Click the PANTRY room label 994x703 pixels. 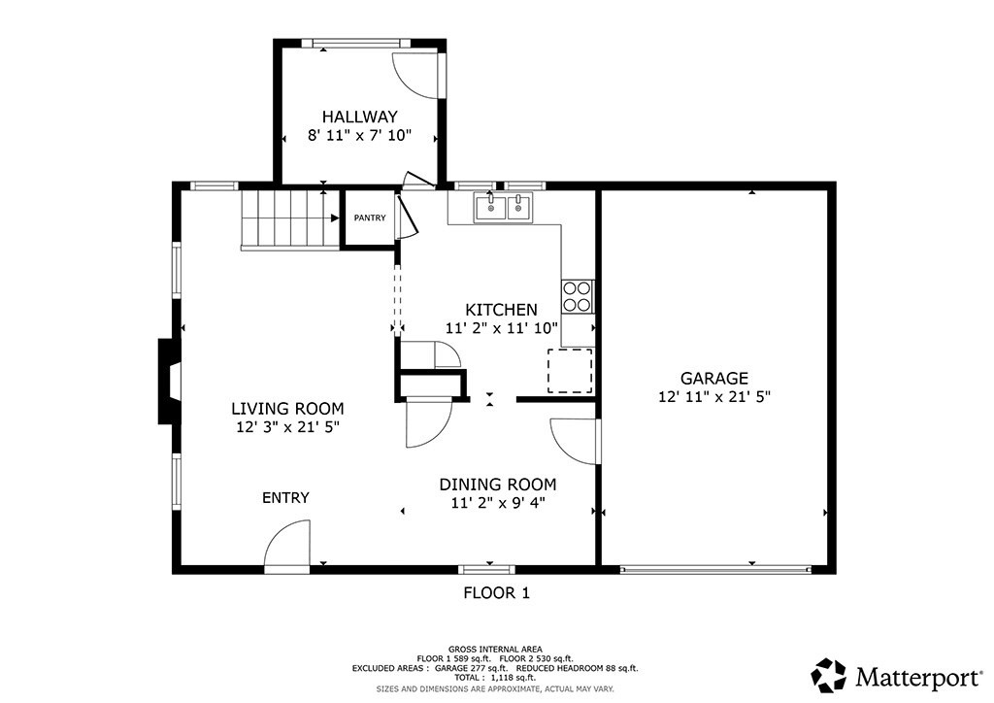click(x=369, y=218)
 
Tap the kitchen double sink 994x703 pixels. click(x=503, y=208)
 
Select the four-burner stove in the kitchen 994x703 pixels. click(x=578, y=295)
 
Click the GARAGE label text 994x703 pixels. click(x=713, y=379)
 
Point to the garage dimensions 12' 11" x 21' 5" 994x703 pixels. click(x=713, y=396)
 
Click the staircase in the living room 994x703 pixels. click(x=288, y=219)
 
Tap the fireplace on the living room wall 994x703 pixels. click(x=169, y=381)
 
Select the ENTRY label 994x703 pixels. click(x=285, y=498)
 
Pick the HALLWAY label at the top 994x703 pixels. click(x=360, y=117)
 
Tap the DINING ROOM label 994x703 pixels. click(x=498, y=485)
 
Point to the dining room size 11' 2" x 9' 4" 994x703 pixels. click(x=498, y=503)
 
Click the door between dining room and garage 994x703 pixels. click(x=575, y=442)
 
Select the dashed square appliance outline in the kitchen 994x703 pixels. click(x=570, y=370)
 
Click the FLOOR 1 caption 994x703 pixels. click(x=496, y=592)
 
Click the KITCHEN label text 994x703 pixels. click(x=501, y=310)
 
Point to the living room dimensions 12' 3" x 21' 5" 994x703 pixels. click(x=287, y=426)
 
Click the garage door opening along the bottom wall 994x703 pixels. click(x=714, y=570)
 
